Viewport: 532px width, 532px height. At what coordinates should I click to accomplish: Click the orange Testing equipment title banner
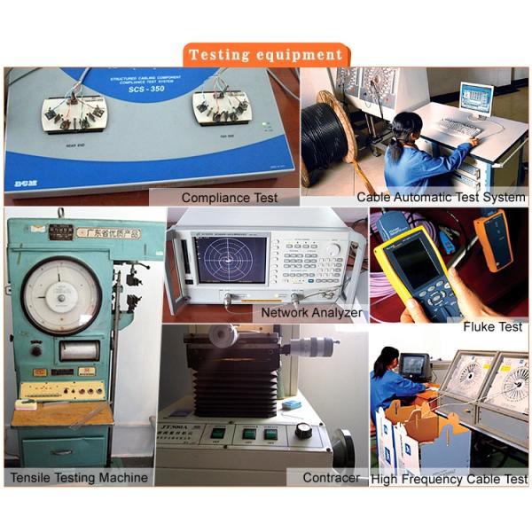265,54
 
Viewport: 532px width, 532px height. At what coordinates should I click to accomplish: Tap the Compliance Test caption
229,197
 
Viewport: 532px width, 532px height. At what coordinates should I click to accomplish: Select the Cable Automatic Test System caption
441,197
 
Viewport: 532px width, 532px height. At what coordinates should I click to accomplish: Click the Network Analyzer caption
310,313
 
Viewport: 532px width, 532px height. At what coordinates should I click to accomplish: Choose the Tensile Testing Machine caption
79,478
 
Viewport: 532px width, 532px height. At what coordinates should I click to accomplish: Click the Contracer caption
330,478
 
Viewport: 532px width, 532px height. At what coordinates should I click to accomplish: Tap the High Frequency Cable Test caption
449,479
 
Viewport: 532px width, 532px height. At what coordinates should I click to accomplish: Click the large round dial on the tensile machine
61,295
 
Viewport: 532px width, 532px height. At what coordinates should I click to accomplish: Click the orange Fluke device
492,239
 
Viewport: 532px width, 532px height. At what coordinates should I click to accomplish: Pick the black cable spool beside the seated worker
327,142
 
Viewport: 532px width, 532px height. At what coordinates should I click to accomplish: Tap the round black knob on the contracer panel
304,431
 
